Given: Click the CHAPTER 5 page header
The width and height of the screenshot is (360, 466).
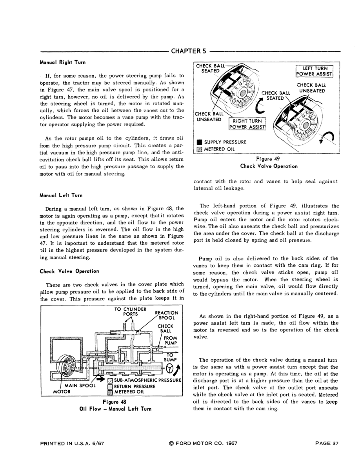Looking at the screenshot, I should [x=189, y=51].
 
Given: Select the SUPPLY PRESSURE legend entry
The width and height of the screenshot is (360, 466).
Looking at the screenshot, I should [x=222, y=142].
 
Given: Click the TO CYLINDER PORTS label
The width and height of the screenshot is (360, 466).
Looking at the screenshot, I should [x=130, y=311].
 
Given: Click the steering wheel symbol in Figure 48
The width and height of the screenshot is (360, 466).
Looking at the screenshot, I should [x=170, y=369].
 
